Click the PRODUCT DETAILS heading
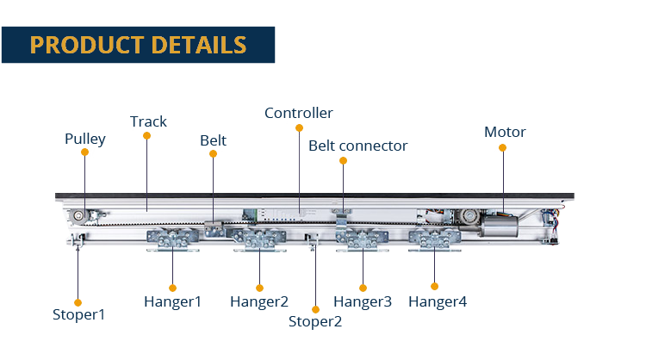[138, 45]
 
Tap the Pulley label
[84, 138]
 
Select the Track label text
[148, 121]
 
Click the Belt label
[213, 140]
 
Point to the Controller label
[298, 113]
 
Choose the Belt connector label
[357, 146]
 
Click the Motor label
[504, 132]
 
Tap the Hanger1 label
[172, 301]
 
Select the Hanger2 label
[258, 301]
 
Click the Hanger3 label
[363, 301]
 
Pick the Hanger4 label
[438, 301]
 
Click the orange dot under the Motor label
[503, 147]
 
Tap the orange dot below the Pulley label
[84, 152]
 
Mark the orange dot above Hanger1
[172, 287]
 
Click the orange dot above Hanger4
[435, 286]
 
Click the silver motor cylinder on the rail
[500, 226]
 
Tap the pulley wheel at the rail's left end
[79, 214]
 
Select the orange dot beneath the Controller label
[298, 127]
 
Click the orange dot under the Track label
[146, 136]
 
